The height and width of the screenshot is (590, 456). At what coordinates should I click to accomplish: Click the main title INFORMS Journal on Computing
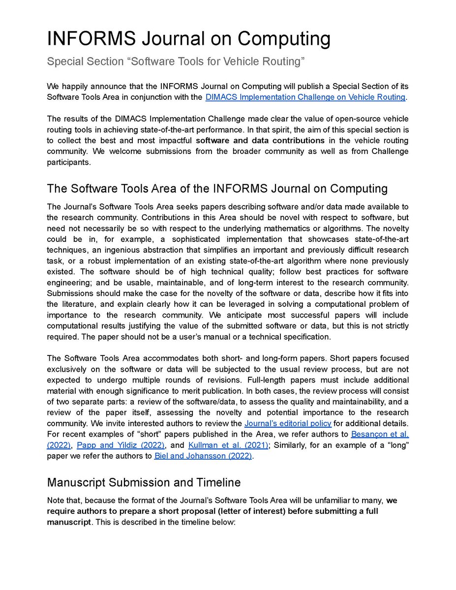pos(189,39)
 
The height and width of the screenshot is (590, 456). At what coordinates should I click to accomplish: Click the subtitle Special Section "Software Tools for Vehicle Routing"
pos(176,62)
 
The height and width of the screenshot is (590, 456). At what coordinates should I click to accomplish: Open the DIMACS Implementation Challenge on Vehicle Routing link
pos(305,97)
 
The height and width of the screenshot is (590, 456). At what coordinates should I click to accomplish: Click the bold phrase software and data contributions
pos(260,140)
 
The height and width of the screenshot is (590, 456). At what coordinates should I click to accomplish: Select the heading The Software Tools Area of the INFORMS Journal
pos(217,189)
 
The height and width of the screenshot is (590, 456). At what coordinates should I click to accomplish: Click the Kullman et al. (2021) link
pos(228,445)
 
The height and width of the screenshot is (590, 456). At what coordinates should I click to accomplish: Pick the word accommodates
pos(159,358)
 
